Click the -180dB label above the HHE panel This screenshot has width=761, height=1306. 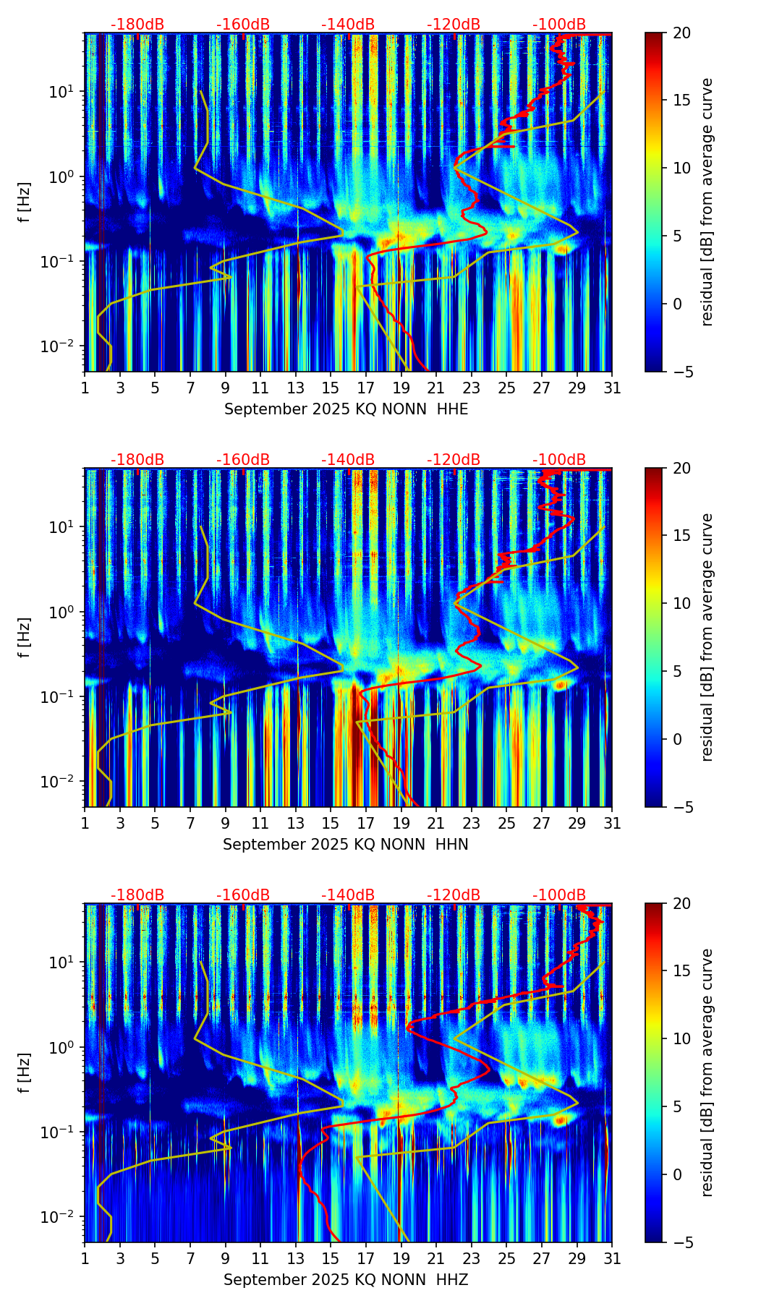coord(137,25)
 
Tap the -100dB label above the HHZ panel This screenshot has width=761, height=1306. coord(559,896)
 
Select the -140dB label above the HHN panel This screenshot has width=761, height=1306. coord(348,461)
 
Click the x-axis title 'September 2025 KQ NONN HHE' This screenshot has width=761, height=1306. coord(346,409)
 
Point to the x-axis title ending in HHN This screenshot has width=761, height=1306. coord(346,845)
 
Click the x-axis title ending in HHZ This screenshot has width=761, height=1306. coord(346,1280)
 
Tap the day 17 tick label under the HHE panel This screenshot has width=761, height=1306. coord(366,388)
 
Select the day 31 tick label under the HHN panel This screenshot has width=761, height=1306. coord(612,824)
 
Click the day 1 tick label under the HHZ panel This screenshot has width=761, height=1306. coord(85,1259)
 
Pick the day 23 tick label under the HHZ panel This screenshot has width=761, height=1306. coord(472,1259)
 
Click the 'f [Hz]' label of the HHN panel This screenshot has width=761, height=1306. coord(25,637)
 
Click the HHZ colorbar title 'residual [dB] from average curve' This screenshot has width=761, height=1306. coord(707,1072)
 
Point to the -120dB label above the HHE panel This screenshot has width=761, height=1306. coord(454,25)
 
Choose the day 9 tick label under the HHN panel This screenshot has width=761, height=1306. coord(226,824)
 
